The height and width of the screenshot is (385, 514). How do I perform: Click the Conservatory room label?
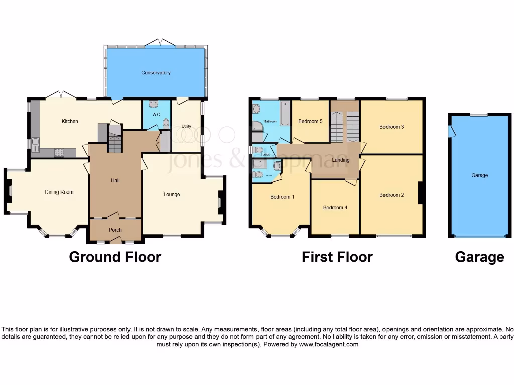(156, 73)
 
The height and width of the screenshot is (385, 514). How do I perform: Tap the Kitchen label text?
(70, 121)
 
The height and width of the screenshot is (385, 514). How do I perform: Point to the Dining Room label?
(59, 192)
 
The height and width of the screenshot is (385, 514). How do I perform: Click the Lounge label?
(172, 194)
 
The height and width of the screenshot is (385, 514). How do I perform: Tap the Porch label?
(115, 230)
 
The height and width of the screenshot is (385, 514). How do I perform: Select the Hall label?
(115, 181)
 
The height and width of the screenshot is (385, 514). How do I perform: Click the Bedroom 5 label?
(310, 121)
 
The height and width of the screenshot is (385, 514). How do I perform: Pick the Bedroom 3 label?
(392, 127)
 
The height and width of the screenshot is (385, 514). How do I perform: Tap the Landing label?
(341, 160)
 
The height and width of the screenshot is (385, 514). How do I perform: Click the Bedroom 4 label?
(335, 208)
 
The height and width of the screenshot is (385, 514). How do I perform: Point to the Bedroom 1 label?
(282, 197)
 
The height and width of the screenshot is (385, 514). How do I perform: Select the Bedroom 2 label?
(392, 195)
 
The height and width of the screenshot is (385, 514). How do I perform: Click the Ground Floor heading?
(115, 257)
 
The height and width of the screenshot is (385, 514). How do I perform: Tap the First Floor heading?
(337, 257)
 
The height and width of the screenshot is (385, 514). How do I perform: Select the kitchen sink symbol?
(35, 145)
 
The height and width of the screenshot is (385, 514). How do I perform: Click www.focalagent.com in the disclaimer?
(329, 345)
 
